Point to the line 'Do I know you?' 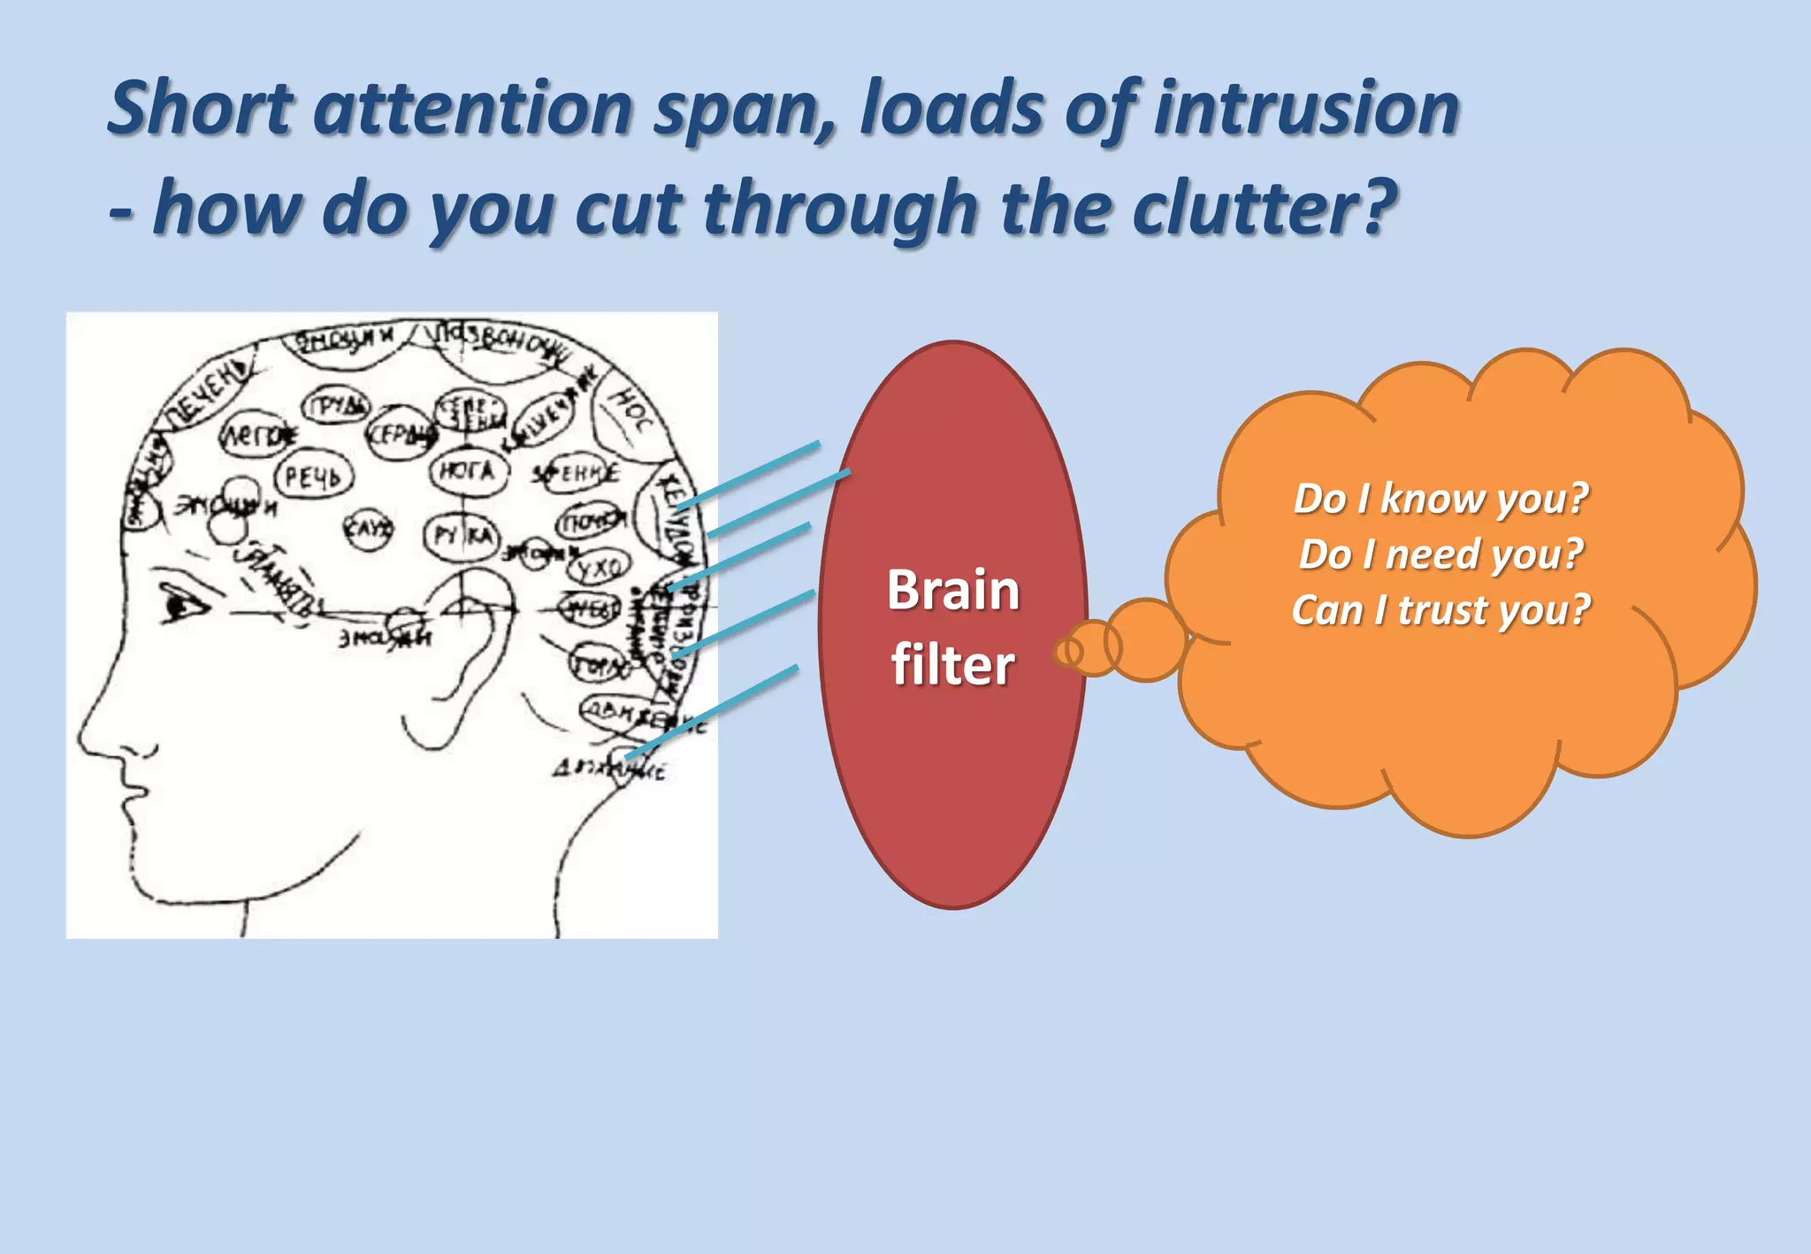(1440, 499)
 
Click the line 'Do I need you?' (1440, 554)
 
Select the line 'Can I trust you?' (1440, 610)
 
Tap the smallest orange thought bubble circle (1068, 652)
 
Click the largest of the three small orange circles (1147, 639)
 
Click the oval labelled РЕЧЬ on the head (313, 477)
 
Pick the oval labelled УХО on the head (599, 567)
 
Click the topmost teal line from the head (748, 475)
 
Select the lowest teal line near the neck (712, 712)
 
